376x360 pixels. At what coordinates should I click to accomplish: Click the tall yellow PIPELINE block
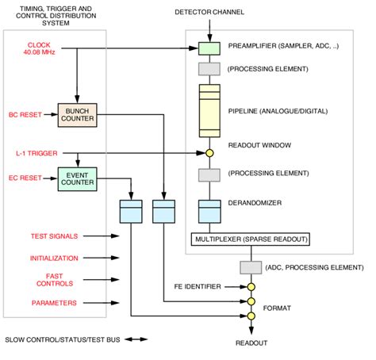(209, 112)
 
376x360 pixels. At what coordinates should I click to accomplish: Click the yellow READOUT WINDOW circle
(209, 152)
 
